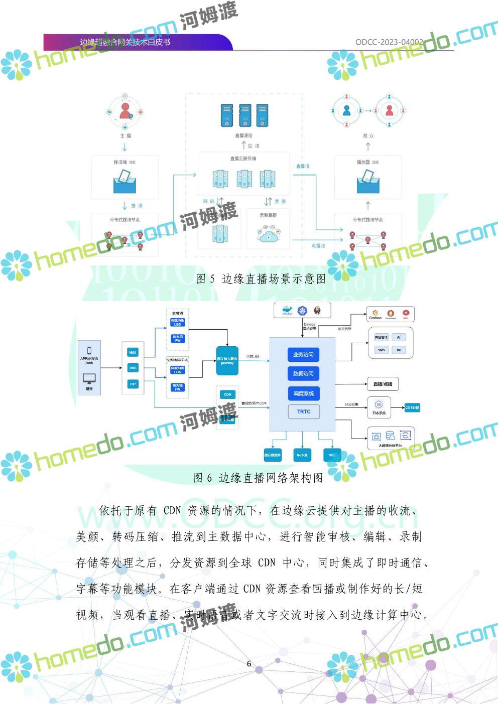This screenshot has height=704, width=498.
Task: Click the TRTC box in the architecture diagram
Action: (304, 411)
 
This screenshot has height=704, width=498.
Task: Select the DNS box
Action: (133, 368)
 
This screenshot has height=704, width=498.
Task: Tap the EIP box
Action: (133, 384)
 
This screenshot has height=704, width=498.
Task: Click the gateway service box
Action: (227, 360)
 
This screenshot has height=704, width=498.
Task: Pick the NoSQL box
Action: (302, 455)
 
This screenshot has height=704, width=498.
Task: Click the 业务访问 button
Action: (303, 354)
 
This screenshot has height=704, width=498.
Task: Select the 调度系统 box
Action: (303, 393)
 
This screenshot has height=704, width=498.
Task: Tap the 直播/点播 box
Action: (383, 384)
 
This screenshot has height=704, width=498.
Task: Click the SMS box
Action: (382, 350)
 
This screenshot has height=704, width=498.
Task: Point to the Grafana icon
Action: (375, 314)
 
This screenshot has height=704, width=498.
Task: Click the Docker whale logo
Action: (287, 311)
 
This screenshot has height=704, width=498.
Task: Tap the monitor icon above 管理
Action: (89, 379)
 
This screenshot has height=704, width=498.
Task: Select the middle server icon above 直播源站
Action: (244, 115)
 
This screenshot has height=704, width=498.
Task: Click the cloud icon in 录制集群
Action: (268, 235)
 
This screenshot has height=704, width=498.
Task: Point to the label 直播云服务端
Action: (243, 159)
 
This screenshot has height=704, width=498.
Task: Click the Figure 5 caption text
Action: (261, 279)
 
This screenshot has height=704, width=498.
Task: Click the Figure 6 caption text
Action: (258, 478)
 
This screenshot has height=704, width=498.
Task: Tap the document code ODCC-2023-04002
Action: (389, 42)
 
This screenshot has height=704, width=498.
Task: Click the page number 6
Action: (249, 663)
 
